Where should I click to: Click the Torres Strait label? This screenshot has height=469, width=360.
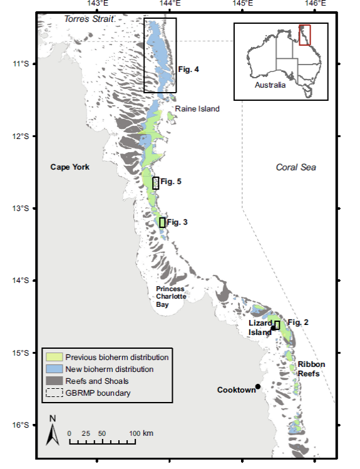[x=90, y=19]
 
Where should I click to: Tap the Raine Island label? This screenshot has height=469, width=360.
[x=197, y=109]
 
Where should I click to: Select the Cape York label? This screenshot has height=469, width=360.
[x=70, y=167]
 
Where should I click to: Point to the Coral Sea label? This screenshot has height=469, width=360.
[x=296, y=167]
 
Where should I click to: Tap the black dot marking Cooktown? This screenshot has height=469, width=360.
[x=258, y=386]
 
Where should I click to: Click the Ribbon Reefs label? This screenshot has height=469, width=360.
[x=309, y=369]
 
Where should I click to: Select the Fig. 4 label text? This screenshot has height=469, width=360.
[x=188, y=70]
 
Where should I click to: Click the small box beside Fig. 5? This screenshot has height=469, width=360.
[x=156, y=183]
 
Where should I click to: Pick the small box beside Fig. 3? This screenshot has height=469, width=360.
[x=162, y=222]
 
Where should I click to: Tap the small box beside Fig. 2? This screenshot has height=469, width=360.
[x=277, y=324]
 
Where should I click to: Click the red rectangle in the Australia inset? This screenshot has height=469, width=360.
[x=305, y=35]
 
